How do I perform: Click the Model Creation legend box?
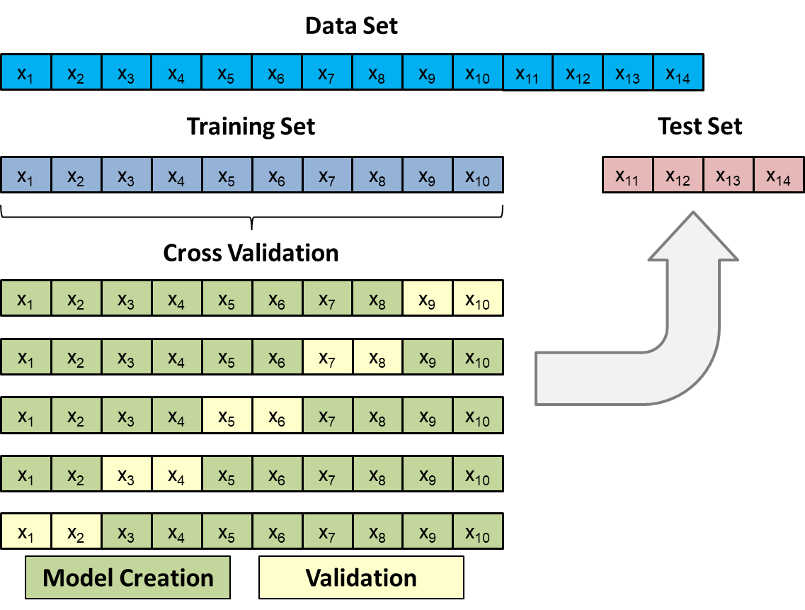click(127, 577)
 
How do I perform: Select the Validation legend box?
click(361, 577)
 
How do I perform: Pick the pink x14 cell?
click(779, 175)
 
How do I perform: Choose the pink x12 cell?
click(678, 175)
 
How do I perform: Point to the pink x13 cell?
click(729, 175)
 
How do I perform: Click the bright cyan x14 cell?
click(678, 72)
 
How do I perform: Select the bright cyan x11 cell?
click(527, 72)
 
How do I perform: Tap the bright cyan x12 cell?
click(578, 72)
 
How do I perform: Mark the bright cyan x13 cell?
click(628, 72)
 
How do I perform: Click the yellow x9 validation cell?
click(428, 298)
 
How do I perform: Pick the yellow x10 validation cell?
click(478, 298)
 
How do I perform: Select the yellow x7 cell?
click(327, 357)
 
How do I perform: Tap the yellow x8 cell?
click(377, 357)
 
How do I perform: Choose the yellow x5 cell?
click(227, 415)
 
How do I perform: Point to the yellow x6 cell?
click(277, 415)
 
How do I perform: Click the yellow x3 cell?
click(126, 473)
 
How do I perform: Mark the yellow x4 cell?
click(176, 473)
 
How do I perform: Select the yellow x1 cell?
click(25, 531)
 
